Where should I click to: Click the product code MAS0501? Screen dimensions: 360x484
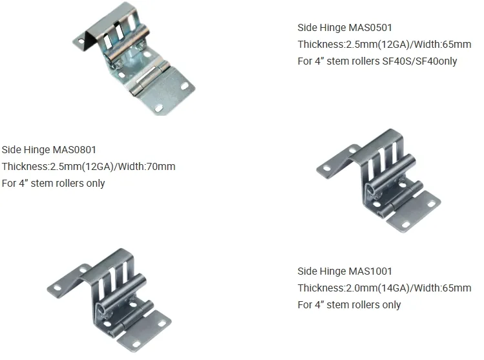point(370,28)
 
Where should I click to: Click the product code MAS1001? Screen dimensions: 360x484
point(370,271)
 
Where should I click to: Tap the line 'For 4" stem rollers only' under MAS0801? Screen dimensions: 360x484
point(53,184)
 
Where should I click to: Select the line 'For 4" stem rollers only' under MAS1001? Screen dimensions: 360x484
point(349,305)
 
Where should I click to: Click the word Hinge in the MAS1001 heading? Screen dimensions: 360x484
point(333,271)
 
